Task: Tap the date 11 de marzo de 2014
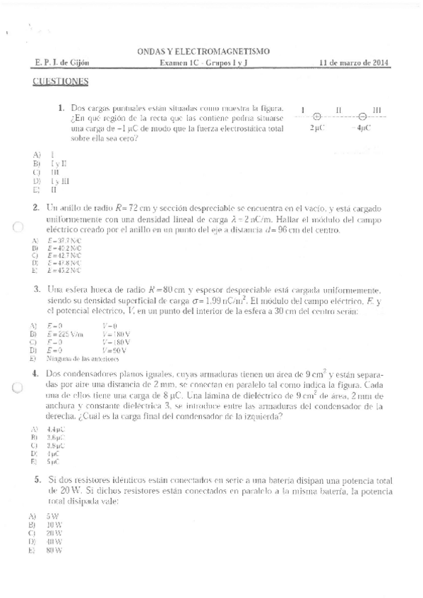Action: (x=355, y=63)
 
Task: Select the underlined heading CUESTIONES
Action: (x=60, y=81)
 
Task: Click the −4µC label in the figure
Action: (x=364, y=130)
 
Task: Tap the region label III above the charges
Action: (x=377, y=110)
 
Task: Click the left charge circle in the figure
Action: (x=317, y=118)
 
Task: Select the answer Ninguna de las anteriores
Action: (x=74, y=358)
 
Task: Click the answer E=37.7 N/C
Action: (x=63, y=240)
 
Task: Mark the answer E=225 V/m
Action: (x=64, y=334)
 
